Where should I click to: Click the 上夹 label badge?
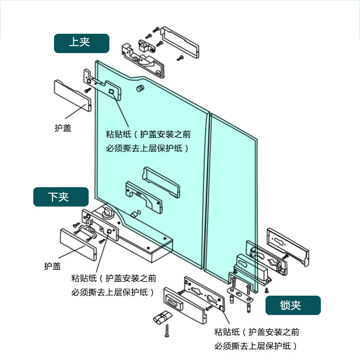pos(81,43)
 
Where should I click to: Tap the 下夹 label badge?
pos(60,197)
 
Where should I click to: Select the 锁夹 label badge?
pos(293,305)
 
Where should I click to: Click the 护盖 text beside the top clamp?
pos(63,128)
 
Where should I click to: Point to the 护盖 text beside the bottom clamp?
pos(52,266)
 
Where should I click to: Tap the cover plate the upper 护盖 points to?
pos(72,95)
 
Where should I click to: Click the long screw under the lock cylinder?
pos(167,332)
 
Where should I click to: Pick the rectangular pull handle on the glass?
pos(162,182)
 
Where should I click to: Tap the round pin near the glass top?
pos(140,87)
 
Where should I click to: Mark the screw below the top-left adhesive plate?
pos(88,90)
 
